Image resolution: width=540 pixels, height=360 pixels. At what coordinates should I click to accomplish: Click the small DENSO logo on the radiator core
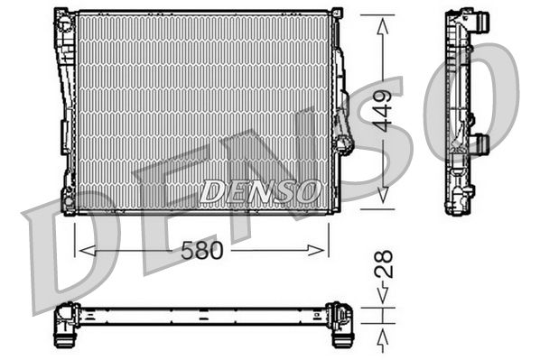259,190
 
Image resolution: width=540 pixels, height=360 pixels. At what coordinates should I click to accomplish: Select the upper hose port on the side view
482,19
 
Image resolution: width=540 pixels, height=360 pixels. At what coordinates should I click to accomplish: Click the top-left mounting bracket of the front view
64,15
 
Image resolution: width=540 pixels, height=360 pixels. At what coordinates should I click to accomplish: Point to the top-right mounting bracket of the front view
336,14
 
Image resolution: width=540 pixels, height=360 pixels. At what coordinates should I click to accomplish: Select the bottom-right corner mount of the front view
335,207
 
